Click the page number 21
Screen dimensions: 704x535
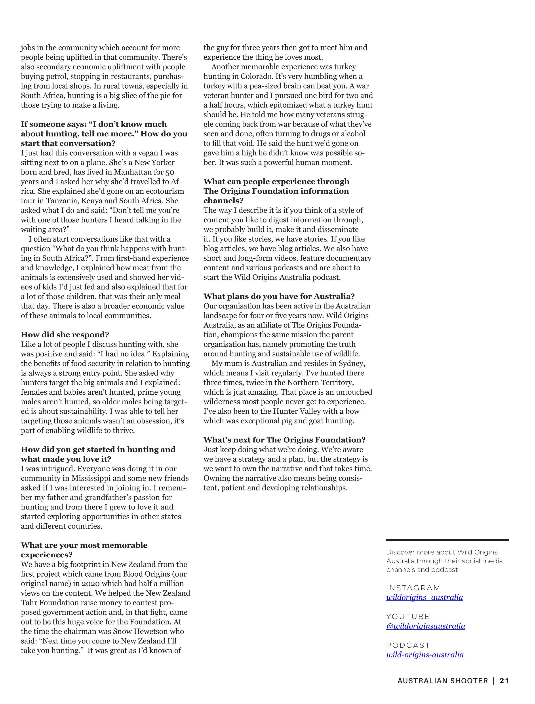(x=504, y=681)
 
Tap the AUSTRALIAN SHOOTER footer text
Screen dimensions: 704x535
(x=443, y=681)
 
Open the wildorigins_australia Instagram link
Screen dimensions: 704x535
(x=424, y=597)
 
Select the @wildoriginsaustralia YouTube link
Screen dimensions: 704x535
(x=425, y=626)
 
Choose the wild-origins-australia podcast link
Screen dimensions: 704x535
(x=425, y=655)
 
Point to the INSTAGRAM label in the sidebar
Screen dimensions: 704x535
(x=413, y=588)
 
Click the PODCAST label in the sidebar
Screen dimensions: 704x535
(x=408, y=645)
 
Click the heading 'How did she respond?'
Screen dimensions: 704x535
(x=65, y=335)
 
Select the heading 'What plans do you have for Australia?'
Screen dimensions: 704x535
(x=279, y=296)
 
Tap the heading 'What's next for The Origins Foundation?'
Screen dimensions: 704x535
(x=284, y=440)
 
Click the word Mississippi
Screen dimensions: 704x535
(x=93, y=478)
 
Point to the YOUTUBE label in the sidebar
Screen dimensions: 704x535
(x=408, y=617)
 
